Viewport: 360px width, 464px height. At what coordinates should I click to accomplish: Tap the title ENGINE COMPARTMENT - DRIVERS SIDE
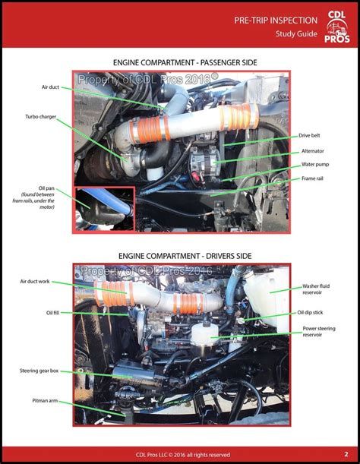[179, 257]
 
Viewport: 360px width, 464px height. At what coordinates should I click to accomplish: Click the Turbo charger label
[40, 116]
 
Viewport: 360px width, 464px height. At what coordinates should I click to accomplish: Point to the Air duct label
[50, 87]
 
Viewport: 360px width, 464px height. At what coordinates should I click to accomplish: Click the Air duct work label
[39, 281]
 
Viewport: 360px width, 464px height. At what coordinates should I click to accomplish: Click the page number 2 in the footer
[346, 453]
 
